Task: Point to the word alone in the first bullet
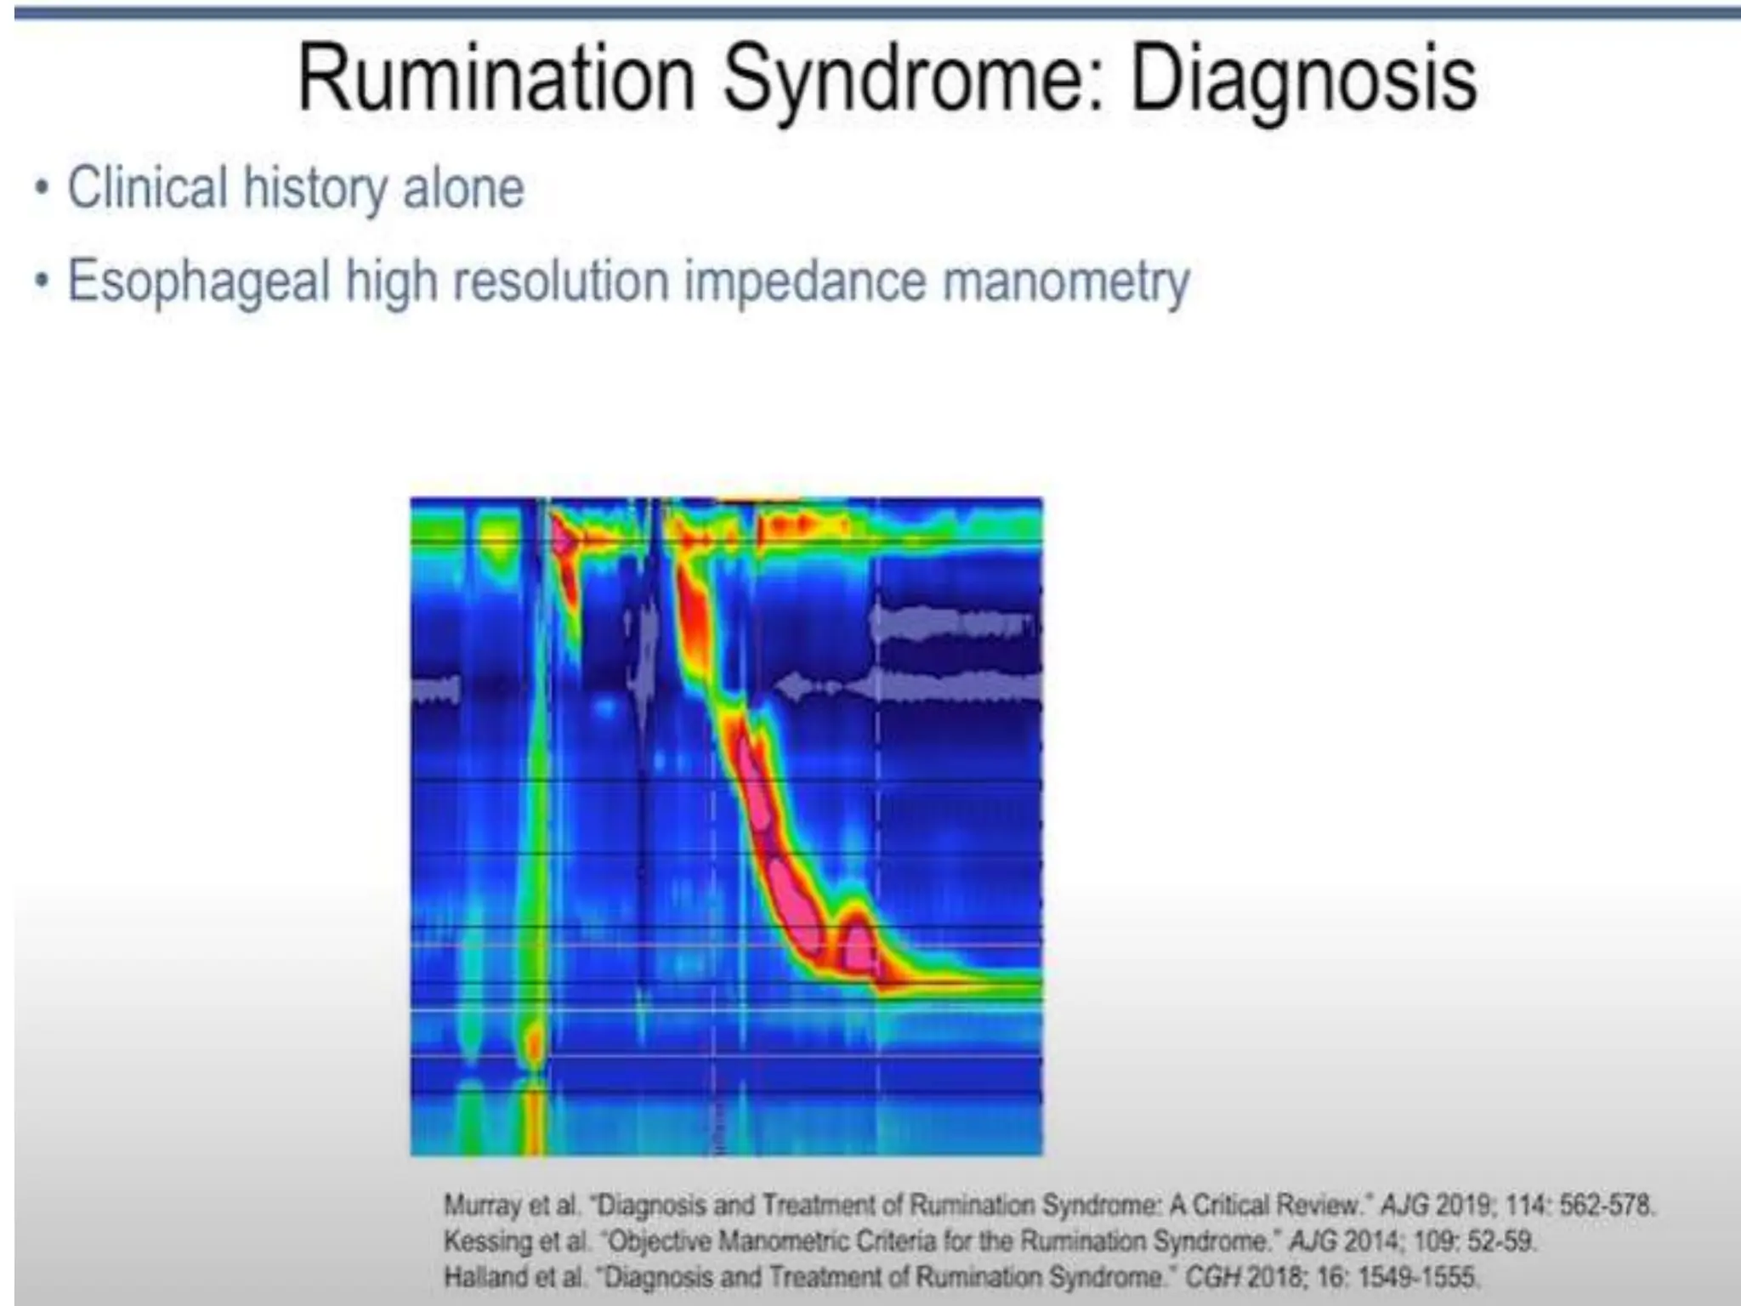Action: (x=463, y=188)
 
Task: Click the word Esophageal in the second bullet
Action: (x=198, y=282)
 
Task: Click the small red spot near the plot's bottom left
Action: (x=533, y=1042)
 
